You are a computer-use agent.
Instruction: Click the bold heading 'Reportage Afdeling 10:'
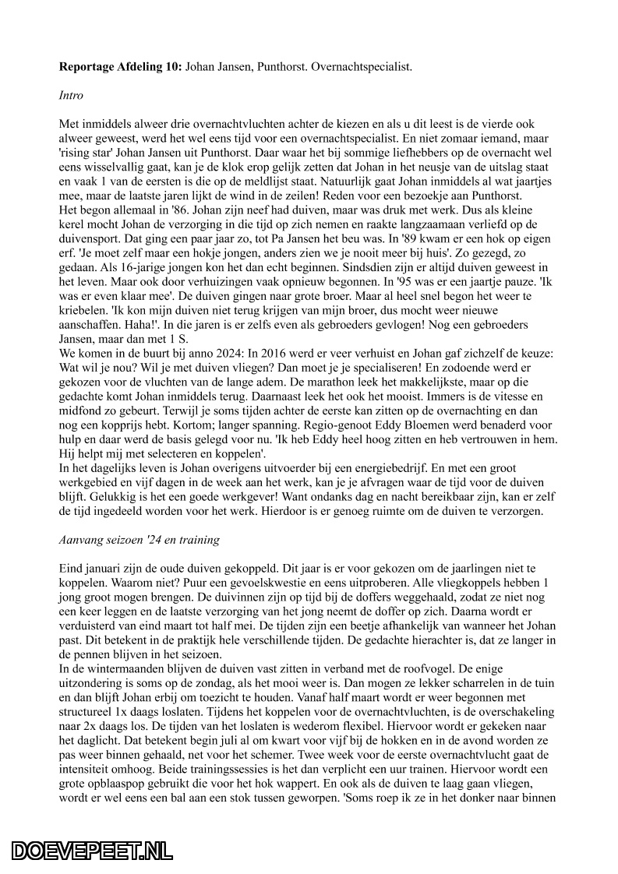click(x=120, y=67)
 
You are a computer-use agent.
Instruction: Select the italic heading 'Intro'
click(x=72, y=95)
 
